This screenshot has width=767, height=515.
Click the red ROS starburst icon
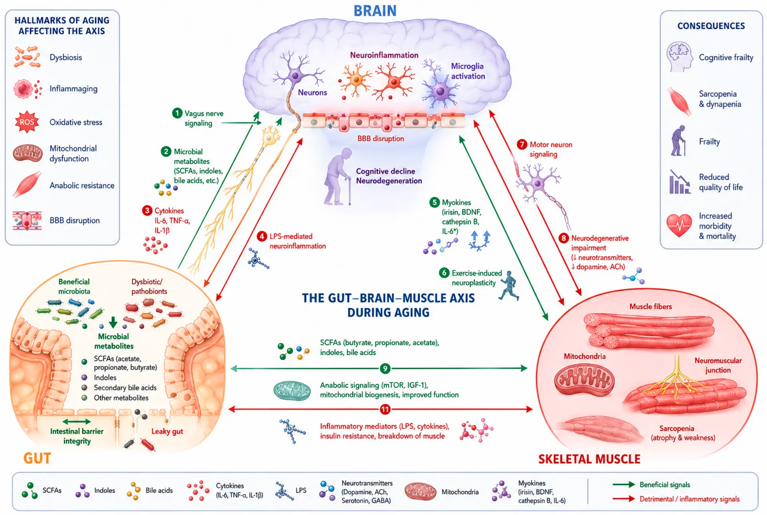pyautogui.click(x=27, y=122)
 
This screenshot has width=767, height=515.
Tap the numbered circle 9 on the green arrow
pyautogui.click(x=385, y=368)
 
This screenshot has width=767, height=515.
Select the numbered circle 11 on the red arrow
pyautogui.click(x=385, y=409)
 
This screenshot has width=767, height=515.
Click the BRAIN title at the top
pyautogui.click(x=375, y=11)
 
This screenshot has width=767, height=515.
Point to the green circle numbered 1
pyautogui.click(x=177, y=113)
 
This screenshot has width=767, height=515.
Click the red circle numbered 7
pyautogui.click(x=522, y=144)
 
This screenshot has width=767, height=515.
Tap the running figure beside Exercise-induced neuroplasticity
pyautogui.click(x=509, y=285)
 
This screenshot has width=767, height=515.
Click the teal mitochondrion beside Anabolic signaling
pyautogui.click(x=292, y=391)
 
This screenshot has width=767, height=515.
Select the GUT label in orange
pyautogui.click(x=37, y=458)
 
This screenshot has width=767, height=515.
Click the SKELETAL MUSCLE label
pyautogui.click(x=589, y=459)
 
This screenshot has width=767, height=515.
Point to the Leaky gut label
pyautogui.click(x=167, y=431)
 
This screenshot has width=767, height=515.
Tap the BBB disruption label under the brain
pyautogui.click(x=381, y=139)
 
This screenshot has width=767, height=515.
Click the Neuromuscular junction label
pyautogui.click(x=718, y=365)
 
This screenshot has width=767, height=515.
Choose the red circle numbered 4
pyautogui.click(x=262, y=236)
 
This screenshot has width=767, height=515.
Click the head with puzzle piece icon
pyautogui.click(x=680, y=57)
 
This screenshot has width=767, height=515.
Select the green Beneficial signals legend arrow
pyautogui.click(x=624, y=485)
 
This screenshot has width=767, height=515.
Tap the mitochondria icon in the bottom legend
pyautogui.click(x=420, y=491)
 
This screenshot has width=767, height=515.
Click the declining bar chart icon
pyautogui.click(x=680, y=182)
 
